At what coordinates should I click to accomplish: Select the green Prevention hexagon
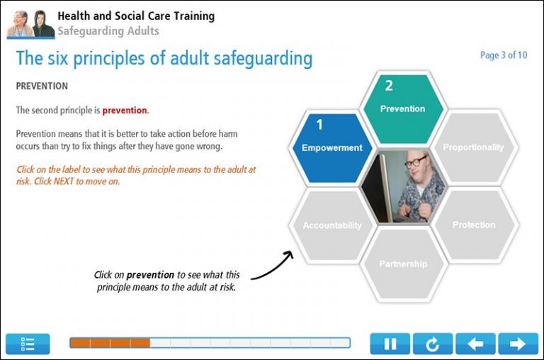[402, 108]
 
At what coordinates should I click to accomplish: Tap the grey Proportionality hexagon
[473, 147]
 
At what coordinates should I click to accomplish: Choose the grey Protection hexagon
[474, 225]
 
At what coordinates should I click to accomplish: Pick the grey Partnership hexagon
[402, 264]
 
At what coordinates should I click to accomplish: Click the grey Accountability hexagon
[331, 225]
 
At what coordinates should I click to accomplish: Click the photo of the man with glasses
[403, 186]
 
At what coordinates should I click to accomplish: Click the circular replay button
[432, 344]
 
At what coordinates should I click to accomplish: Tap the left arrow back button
[475, 344]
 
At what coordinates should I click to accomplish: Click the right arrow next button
[518, 344]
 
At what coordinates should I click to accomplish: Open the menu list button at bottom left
[28, 344]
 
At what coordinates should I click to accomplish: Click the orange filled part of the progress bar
[109, 343]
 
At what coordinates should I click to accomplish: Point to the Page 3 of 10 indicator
[503, 55]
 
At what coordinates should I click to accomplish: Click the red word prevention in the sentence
[125, 111]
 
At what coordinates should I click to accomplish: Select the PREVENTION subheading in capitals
[42, 86]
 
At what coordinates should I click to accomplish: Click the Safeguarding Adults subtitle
[108, 31]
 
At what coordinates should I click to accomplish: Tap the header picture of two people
[30, 24]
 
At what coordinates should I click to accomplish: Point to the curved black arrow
[273, 266]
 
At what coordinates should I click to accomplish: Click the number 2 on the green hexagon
[389, 86]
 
